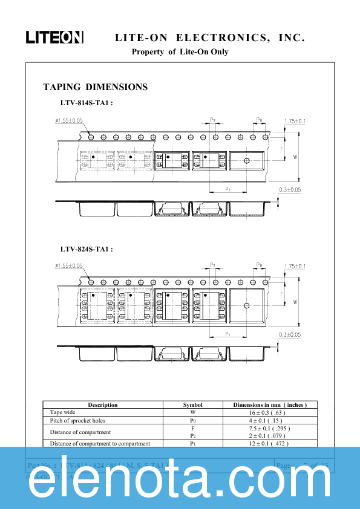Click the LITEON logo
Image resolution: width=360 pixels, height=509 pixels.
[54, 37]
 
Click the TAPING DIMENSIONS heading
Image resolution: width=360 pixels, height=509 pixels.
[95, 87]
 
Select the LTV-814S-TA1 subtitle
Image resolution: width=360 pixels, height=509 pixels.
[87, 103]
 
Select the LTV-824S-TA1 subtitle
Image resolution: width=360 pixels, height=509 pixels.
[87, 249]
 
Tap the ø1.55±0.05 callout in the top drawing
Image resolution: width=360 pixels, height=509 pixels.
[68, 121]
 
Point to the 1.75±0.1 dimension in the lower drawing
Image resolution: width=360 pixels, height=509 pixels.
[295, 267]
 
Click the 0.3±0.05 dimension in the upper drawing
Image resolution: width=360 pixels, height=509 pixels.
[290, 190]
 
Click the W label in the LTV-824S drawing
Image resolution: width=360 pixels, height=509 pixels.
[295, 302]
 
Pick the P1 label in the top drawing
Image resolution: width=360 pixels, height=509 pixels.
[227, 189]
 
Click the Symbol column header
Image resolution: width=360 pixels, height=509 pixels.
[192, 405]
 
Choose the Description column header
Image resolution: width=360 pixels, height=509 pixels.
[103, 405]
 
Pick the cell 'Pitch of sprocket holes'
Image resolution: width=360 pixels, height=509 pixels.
[77, 420]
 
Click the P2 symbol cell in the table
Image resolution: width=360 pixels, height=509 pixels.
[192, 436]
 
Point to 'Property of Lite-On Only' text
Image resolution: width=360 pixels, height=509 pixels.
[180, 52]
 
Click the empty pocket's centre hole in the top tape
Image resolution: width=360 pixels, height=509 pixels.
[246, 160]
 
